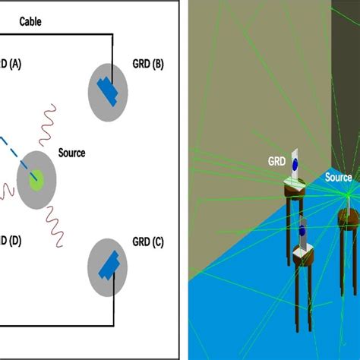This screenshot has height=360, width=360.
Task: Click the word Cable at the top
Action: pos(30,23)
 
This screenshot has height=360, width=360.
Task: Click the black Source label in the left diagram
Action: pos(71,153)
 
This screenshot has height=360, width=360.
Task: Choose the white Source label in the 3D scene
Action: pos(338,178)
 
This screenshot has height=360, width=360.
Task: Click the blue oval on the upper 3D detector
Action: pos(295,163)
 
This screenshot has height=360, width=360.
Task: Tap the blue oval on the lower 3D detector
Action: pos(302,230)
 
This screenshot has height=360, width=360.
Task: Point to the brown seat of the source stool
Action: pos(349,215)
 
